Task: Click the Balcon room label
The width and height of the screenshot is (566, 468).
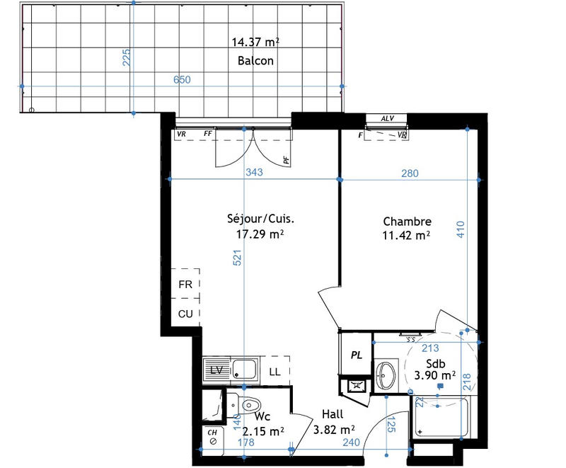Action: coord(255,61)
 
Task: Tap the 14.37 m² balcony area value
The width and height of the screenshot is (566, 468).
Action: coord(255,42)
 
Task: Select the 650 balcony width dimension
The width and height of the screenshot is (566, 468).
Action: coord(182,80)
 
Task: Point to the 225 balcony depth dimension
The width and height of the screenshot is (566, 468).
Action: coord(127,57)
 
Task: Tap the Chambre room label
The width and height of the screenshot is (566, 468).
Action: coord(407,221)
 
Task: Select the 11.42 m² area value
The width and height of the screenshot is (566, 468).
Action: coord(407,235)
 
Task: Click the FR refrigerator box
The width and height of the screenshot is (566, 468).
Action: coord(185,285)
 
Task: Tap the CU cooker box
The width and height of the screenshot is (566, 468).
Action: coord(185,313)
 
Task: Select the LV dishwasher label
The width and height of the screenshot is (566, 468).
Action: coord(216,370)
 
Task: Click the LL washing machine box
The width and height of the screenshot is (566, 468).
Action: coord(274,370)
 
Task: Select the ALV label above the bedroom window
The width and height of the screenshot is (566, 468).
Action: coord(387,119)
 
